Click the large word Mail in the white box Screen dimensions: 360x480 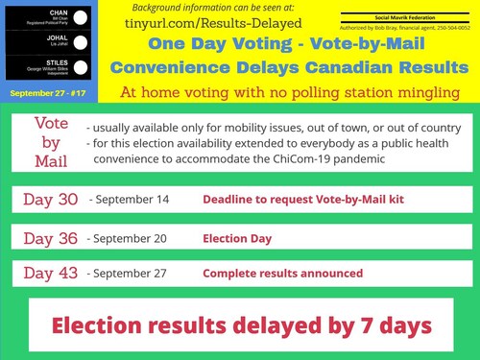point(50,159)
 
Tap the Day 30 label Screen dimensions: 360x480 point(51,200)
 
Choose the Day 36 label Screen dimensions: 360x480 point(51,238)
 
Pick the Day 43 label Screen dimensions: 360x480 point(51,273)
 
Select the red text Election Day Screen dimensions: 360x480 point(237,238)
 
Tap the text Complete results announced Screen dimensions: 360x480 point(282,274)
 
